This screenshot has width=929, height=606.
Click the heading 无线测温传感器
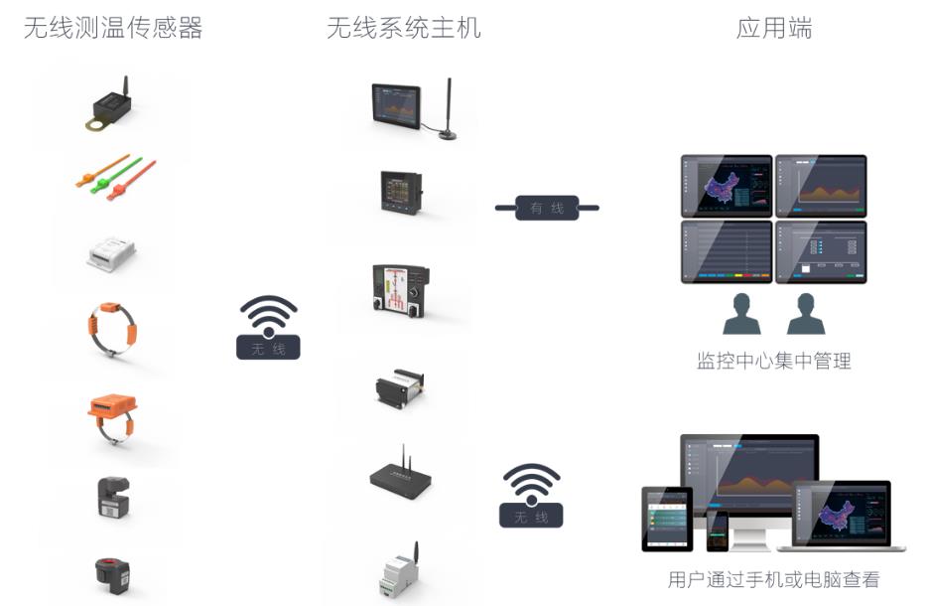click(113, 28)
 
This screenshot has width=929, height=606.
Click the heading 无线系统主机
click(404, 28)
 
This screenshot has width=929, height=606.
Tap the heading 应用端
click(773, 28)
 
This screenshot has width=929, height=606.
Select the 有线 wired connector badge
click(547, 209)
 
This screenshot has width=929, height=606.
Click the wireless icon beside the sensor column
click(268, 328)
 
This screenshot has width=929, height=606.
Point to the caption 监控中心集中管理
click(773, 361)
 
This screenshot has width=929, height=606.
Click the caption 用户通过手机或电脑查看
click(773, 579)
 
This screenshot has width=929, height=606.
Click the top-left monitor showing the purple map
click(727, 186)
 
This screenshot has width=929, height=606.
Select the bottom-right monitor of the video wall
click(821, 251)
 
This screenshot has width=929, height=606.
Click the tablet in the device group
click(667, 519)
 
